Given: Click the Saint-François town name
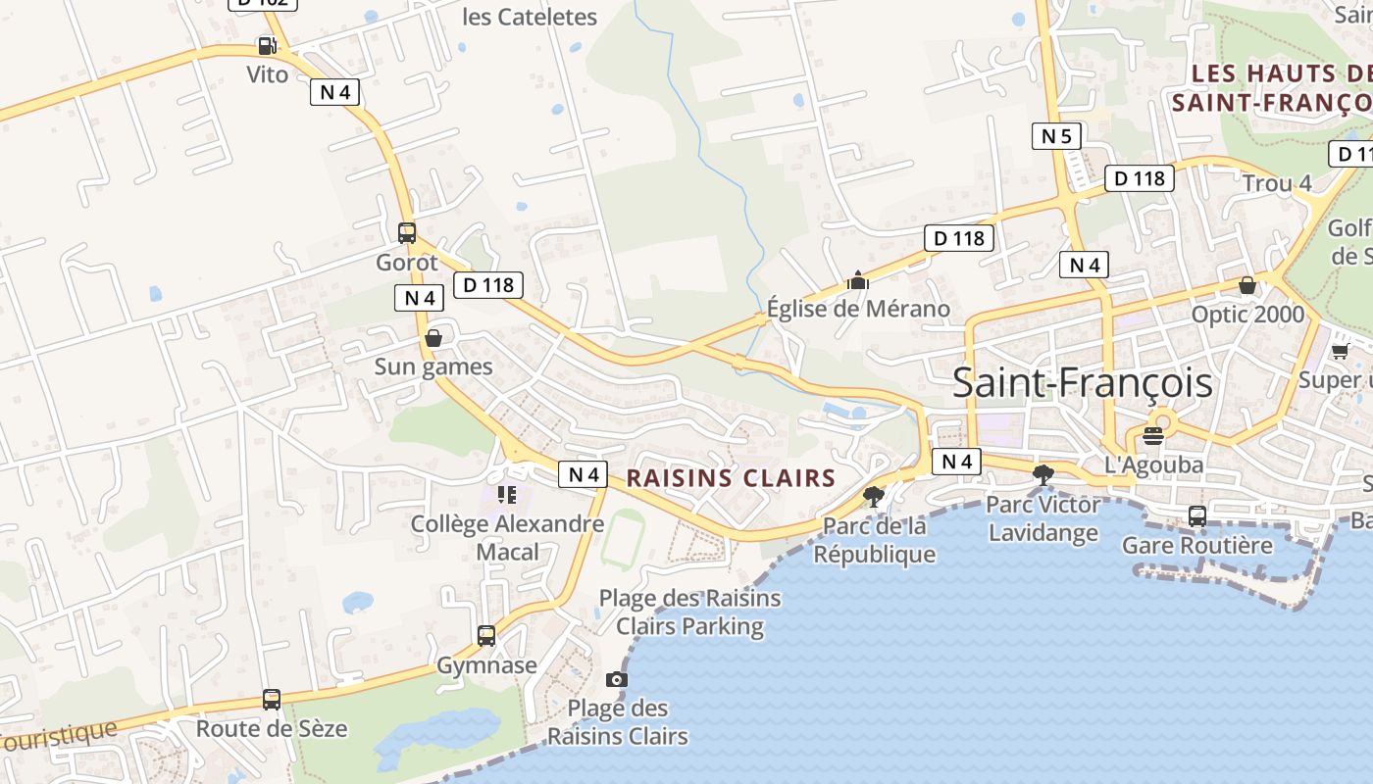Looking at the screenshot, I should coord(1082,383).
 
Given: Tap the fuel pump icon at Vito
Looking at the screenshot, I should coord(266,45).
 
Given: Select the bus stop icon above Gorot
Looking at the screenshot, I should coord(407,233).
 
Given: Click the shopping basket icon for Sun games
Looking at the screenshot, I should coord(433,338).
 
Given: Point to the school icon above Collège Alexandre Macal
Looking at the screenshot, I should coord(506,494).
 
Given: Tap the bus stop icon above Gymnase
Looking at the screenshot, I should coord(486,635).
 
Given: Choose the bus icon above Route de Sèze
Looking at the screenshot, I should coord(272,700).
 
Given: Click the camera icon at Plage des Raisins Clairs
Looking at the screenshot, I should coord(616,679).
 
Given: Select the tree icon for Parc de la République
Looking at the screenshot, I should coord(873,496).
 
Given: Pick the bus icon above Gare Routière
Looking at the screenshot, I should coord(1197,515).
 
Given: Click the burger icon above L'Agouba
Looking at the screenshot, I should coord(1153,435).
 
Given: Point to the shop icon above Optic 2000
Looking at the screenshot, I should coord(1247,285).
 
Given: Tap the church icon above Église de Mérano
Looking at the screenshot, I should coord(858,280).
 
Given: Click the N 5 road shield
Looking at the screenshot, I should coord(1056,136).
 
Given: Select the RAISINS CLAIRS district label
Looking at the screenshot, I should coord(731,478).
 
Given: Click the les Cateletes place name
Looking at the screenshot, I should coord(529,17).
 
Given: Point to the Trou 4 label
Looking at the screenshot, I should coord(1277,183).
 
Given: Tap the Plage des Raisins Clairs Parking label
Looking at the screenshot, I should coord(689,612).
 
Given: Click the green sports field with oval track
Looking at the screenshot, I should coord(623,539).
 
